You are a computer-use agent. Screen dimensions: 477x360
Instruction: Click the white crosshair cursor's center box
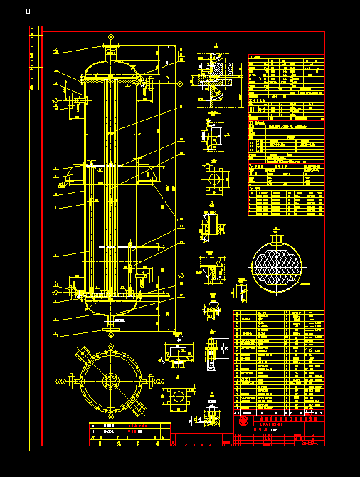click(x=28, y=11)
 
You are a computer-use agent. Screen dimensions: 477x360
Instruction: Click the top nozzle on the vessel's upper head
click(x=110, y=52)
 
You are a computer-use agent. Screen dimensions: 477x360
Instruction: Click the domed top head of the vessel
click(x=110, y=68)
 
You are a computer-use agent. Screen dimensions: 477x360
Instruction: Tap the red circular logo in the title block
click(x=244, y=421)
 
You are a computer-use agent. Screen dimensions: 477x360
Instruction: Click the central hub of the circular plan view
click(x=110, y=381)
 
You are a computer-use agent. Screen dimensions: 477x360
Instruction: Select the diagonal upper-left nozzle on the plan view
click(x=82, y=354)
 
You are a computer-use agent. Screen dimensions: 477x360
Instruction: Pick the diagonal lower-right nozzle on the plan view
click(x=138, y=409)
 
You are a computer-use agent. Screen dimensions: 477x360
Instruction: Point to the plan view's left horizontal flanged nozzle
click(x=72, y=381)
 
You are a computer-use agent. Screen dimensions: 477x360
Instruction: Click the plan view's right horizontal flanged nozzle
click(x=149, y=381)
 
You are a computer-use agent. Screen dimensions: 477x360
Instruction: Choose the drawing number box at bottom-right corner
click(x=309, y=443)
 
